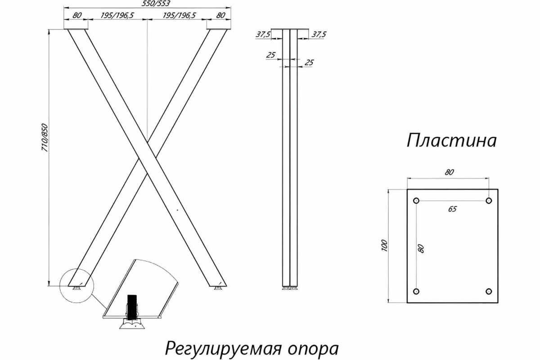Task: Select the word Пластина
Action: tap(451, 141)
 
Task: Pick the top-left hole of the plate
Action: tap(416, 201)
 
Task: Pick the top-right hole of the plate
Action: tap(489, 201)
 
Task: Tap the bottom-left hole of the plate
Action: tap(416, 291)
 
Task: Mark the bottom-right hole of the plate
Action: tap(489, 291)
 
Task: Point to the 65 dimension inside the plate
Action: tap(452, 209)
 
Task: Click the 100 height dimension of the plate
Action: tap(384, 246)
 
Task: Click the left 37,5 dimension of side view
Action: tap(263, 34)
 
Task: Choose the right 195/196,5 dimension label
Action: tap(179, 15)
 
